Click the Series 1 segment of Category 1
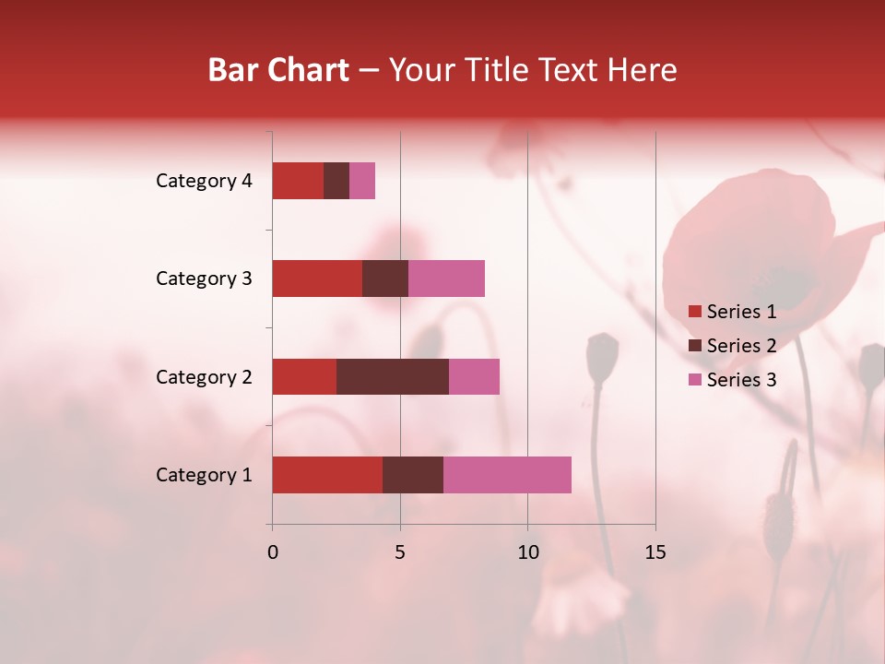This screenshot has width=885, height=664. coord(327,475)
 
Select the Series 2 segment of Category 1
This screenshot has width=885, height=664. coord(413,475)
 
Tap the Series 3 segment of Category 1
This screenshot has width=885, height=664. coord(507,475)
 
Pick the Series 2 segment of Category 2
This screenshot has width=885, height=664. coord(393,376)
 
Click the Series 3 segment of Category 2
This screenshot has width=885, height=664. coord(474,376)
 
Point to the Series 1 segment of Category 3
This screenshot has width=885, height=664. coord(317,279)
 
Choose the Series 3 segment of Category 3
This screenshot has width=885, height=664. coord(446,279)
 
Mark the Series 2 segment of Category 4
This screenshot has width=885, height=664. coord(336,181)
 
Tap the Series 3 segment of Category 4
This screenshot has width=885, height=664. coord(362,181)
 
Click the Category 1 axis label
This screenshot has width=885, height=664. coord(204,475)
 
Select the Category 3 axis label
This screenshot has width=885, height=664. coord(204,279)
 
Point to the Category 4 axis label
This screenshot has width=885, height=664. coord(204,181)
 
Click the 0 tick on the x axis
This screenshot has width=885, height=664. coord(273,552)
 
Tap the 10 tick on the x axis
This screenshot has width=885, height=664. coord(527,552)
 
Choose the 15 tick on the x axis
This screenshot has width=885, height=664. coord(655,552)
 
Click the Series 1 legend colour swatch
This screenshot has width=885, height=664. coord(694,312)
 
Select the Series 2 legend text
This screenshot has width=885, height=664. coord(741,346)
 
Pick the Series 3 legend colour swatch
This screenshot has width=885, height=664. coord(694,380)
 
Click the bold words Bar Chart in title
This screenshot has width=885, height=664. coord(278,70)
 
